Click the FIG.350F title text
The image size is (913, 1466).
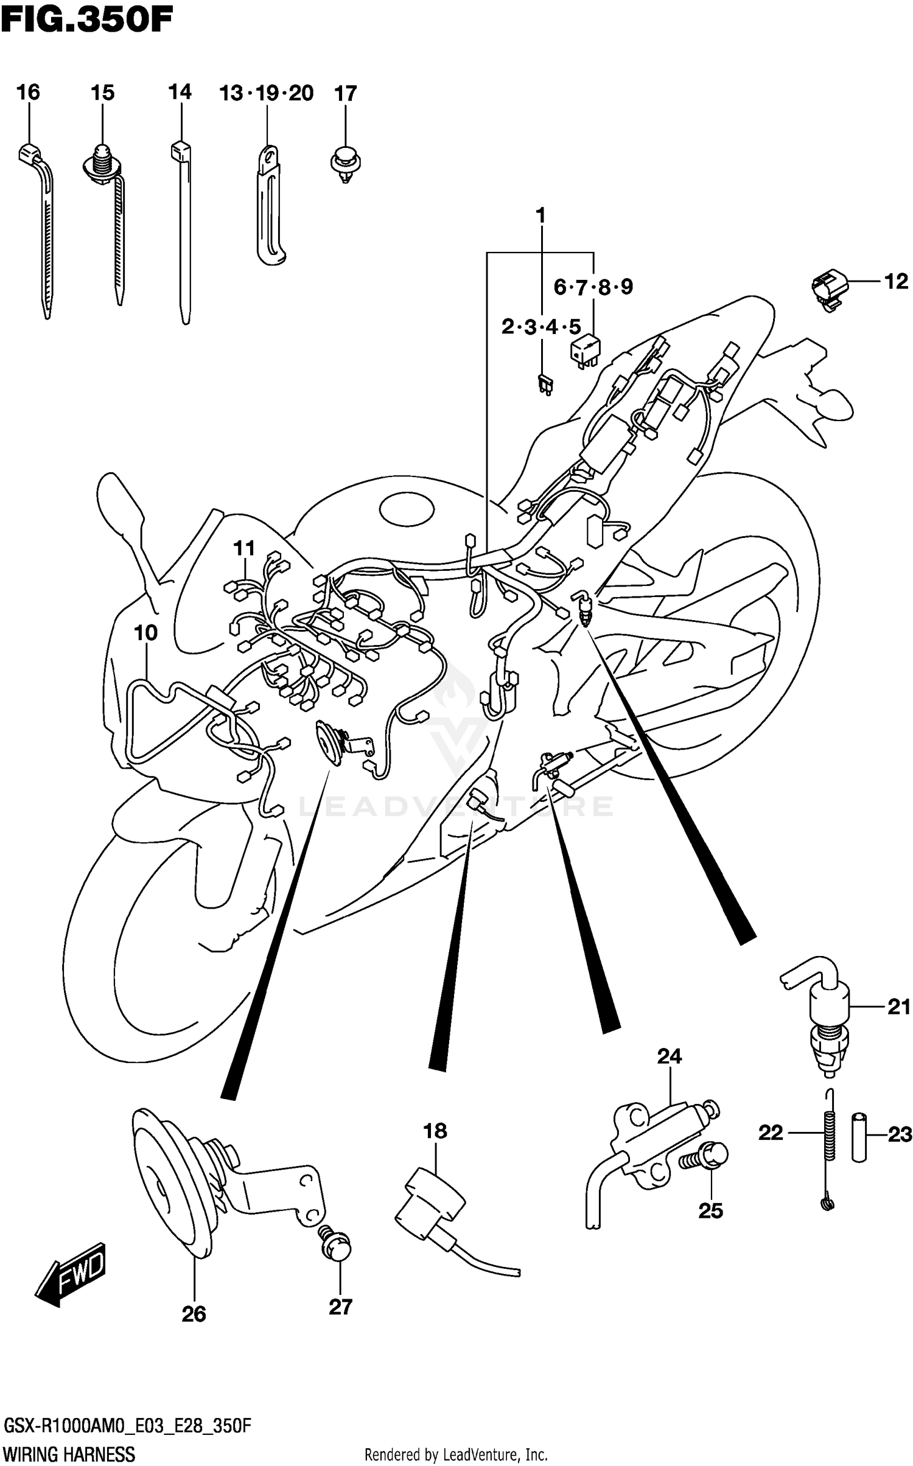click(87, 19)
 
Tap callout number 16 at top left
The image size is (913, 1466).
click(28, 92)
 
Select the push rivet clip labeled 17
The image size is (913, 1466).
click(345, 162)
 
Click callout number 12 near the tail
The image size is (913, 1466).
click(895, 281)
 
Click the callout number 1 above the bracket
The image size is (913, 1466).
click(540, 215)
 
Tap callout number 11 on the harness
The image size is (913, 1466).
click(244, 548)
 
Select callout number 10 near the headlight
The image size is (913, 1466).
click(145, 633)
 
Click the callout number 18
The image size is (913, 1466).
click(435, 1131)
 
